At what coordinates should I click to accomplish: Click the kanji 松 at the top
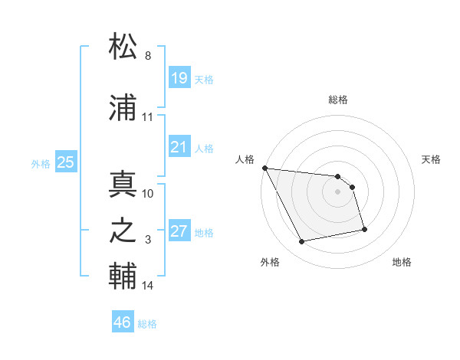click(123, 47)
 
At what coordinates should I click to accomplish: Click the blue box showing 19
click(179, 77)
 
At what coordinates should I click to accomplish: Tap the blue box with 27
click(179, 231)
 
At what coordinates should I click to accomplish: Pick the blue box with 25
click(66, 162)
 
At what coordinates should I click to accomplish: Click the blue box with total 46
click(122, 322)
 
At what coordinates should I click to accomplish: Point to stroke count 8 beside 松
click(148, 56)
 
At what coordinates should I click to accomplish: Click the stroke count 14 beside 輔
click(148, 286)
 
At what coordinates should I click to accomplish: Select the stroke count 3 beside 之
click(148, 240)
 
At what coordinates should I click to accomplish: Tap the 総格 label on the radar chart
click(338, 100)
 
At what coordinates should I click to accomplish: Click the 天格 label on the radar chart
click(432, 159)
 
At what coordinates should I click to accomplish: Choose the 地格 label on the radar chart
click(402, 262)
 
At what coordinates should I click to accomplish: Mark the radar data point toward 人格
click(264, 168)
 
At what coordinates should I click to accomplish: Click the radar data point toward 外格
click(302, 242)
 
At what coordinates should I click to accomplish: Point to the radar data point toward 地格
click(364, 229)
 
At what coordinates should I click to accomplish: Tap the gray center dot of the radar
click(338, 191)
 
